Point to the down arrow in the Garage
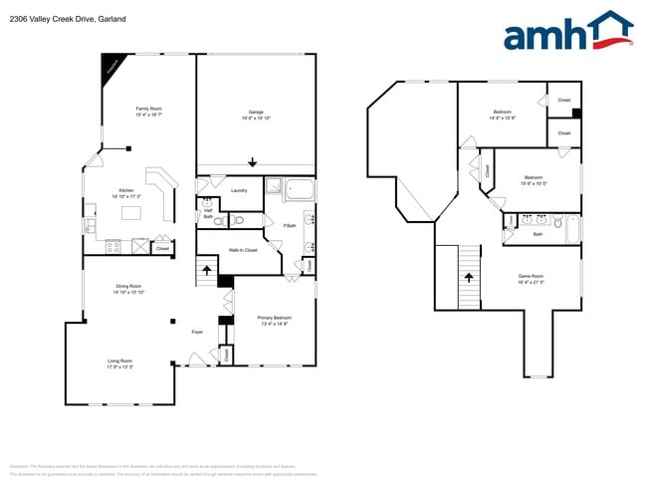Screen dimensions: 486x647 pyautogui.click(x=253, y=162)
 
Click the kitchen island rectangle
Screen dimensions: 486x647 pyautogui.click(x=131, y=212)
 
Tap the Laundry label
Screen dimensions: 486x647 pyautogui.click(x=239, y=189)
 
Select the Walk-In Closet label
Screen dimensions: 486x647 pyautogui.click(x=243, y=250)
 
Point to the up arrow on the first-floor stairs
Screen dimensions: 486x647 pyautogui.click(x=207, y=268)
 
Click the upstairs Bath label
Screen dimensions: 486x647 pyautogui.click(x=538, y=234)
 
